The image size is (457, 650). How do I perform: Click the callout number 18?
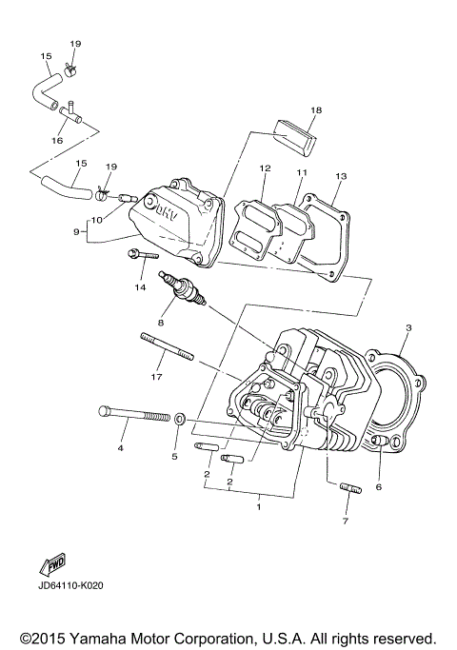pyautogui.click(x=316, y=110)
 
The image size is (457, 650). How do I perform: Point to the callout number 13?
pyautogui.click(x=340, y=176)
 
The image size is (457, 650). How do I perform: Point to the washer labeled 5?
pyautogui.click(x=179, y=418)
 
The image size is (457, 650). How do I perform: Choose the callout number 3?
pyautogui.click(x=407, y=328)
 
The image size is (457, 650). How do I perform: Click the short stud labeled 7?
pyautogui.click(x=349, y=489)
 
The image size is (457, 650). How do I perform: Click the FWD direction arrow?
pyautogui.click(x=52, y=562)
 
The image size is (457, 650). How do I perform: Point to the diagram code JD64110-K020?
pyautogui.click(x=71, y=585)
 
